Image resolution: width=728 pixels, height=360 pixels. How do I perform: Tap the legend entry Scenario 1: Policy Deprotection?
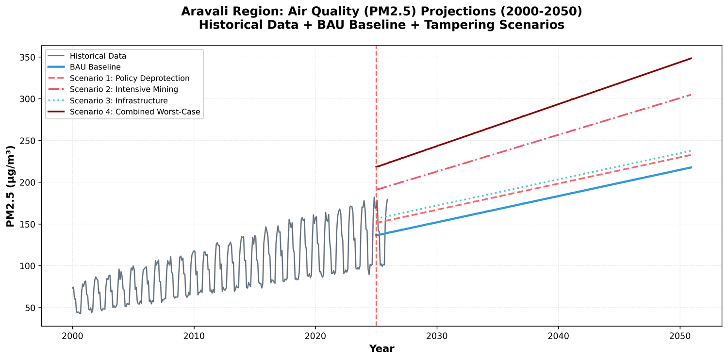pos(130,78)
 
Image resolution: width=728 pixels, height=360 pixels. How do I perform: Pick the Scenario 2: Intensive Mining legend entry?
pos(124,89)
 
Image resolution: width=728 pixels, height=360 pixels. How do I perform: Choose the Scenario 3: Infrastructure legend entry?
pos(118,100)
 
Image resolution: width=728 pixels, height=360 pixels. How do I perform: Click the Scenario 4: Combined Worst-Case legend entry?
pos(135,112)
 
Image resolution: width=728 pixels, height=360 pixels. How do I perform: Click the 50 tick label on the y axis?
pos(30,308)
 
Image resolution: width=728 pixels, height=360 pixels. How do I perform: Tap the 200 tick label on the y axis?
pos(28,182)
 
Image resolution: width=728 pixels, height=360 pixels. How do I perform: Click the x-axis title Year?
pos(381,348)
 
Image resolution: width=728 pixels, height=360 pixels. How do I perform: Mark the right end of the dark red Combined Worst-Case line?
pos(691,58)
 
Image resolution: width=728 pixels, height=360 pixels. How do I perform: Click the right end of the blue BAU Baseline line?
pos(691,167)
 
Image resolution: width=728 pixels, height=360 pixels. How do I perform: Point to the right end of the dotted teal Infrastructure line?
pos(691,150)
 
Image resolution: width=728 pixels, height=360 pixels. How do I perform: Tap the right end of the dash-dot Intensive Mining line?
pos(691,95)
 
